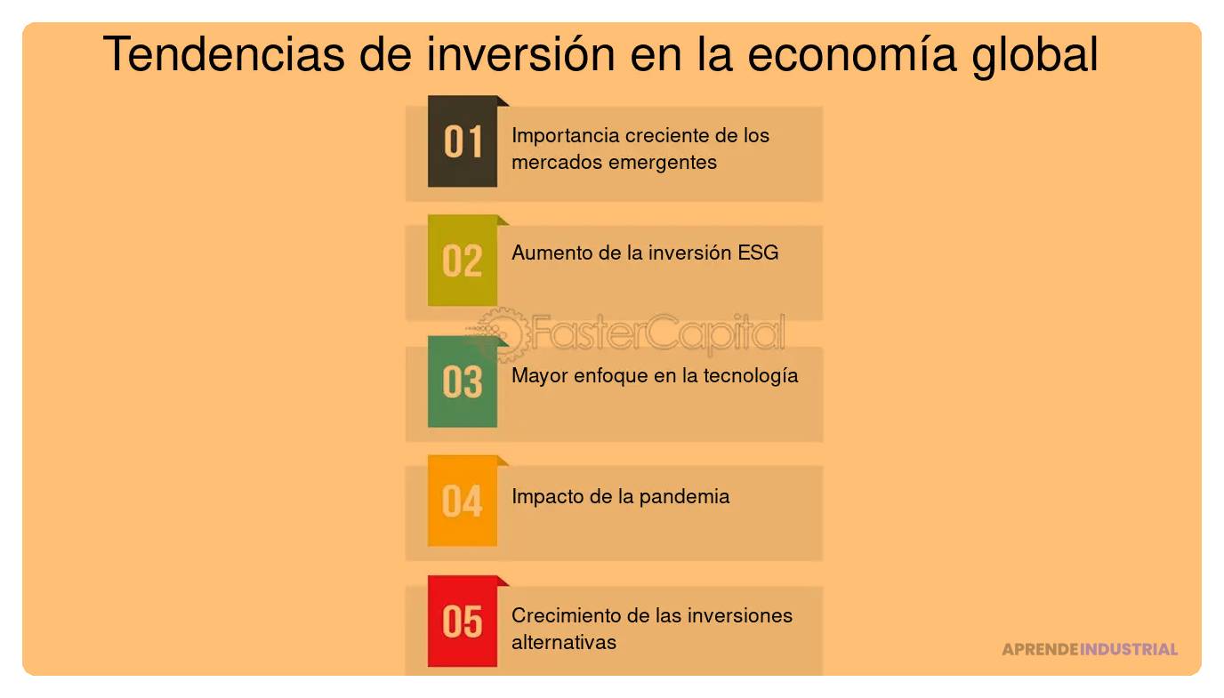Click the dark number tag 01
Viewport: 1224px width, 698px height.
point(463,142)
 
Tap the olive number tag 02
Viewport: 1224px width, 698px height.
point(463,261)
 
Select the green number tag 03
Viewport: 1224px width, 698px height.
point(463,382)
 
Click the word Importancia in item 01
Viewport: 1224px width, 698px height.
point(565,136)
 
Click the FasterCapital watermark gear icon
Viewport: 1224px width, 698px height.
point(500,333)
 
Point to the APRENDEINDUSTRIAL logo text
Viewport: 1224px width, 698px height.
point(1090,649)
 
